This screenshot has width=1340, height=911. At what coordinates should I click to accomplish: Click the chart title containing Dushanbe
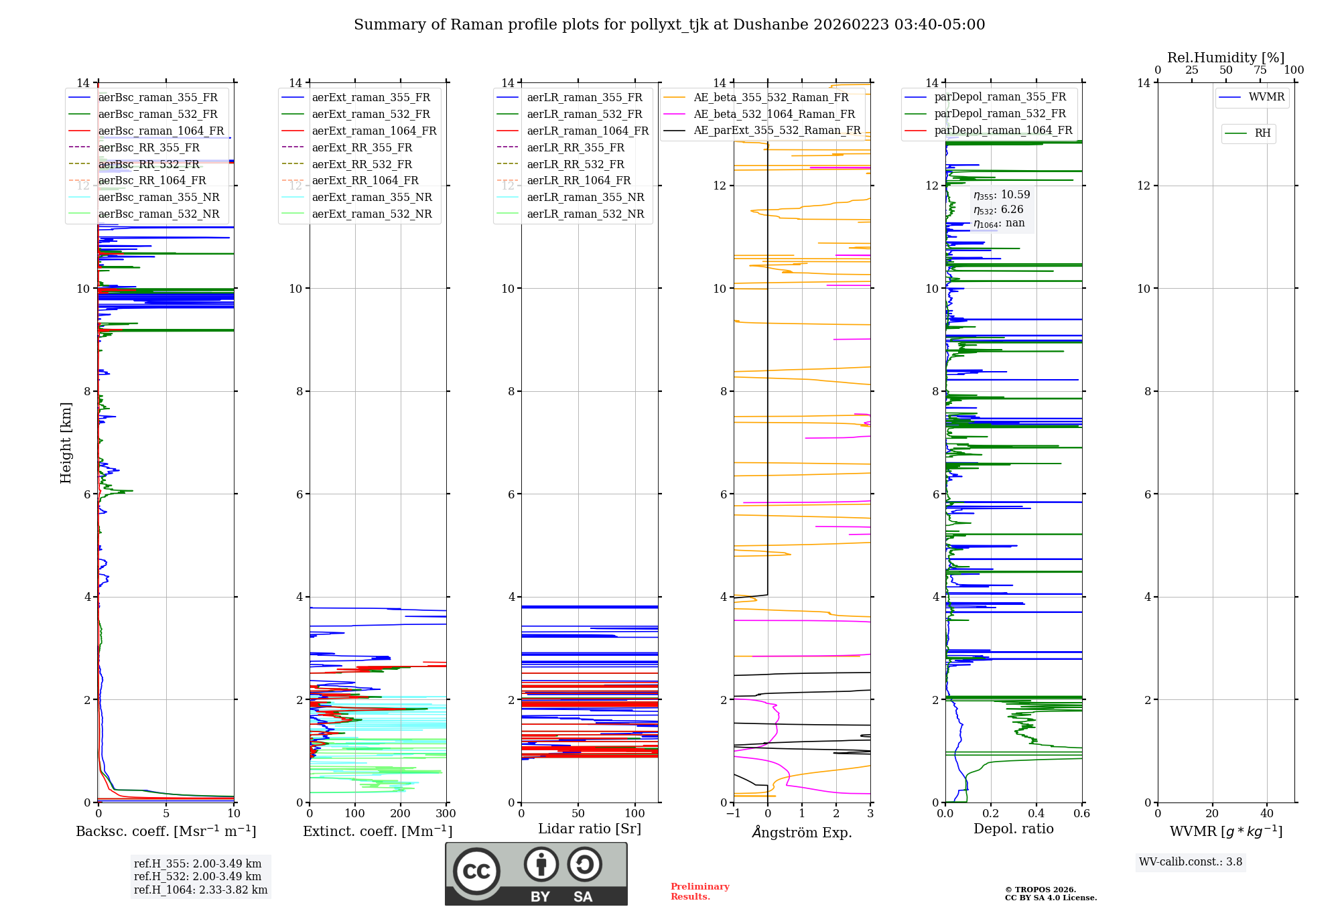(x=669, y=25)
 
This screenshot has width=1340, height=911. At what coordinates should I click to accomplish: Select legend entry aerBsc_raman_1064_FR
(x=161, y=131)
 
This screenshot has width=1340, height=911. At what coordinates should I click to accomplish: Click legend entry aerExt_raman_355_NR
(x=372, y=197)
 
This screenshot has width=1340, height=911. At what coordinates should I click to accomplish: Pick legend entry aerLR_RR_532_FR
(x=576, y=164)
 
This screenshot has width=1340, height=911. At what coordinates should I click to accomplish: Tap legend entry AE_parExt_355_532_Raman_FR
(x=777, y=130)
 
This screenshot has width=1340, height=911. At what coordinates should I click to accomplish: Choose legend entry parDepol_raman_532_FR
(x=1000, y=114)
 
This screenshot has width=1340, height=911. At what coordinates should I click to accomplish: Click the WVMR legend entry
(x=1266, y=97)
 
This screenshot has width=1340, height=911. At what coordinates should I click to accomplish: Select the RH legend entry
(x=1262, y=133)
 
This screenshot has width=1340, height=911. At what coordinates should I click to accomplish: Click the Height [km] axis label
(x=66, y=442)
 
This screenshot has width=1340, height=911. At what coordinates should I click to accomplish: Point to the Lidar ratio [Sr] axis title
(x=590, y=829)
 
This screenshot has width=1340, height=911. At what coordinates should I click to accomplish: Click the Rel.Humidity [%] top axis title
(x=1225, y=58)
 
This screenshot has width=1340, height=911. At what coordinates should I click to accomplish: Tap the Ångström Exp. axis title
(x=802, y=832)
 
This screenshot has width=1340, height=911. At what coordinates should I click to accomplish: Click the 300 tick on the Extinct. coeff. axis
(x=446, y=814)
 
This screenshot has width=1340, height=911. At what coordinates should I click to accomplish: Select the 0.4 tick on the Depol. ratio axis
(x=1036, y=814)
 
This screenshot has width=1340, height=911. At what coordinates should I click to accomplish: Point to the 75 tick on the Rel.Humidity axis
(x=1260, y=70)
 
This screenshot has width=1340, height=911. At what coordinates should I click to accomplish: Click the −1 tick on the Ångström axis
(x=734, y=814)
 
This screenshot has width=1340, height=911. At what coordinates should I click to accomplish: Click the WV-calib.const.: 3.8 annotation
(x=1191, y=862)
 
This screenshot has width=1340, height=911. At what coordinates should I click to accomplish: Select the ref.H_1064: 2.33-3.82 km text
(x=200, y=890)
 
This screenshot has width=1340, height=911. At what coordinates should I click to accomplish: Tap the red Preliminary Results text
(x=699, y=892)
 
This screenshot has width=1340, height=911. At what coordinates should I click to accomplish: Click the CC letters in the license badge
(x=476, y=871)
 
